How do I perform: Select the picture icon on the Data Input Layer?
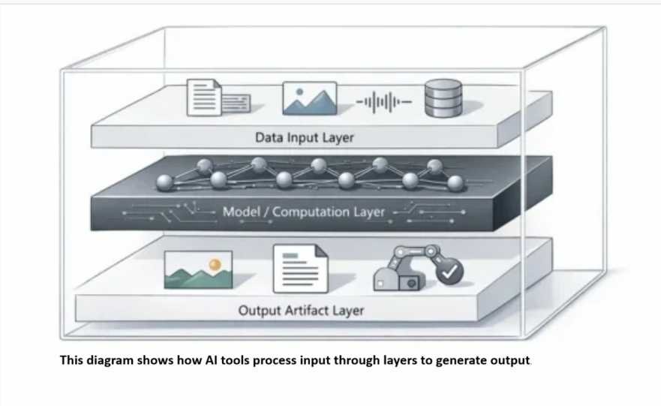tap(309, 98)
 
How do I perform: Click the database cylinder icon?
tap(443, 99)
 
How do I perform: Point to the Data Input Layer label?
tap(304, 137)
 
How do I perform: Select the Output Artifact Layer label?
tap(301, 310)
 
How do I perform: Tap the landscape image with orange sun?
tap(198, 269)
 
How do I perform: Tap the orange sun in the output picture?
tap(215, 263)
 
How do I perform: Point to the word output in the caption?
tap(510, 359)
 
